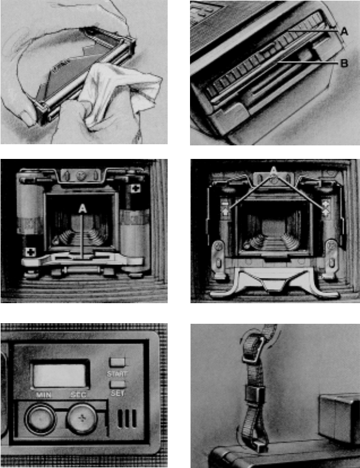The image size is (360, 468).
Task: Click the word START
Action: pyautogui.click(x=117, y=374)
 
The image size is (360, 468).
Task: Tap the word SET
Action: pyautogui.click(x=117, y=393)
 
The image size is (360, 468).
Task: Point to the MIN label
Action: pyautogui.click(x=44, y=395)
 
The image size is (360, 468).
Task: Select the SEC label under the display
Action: pyautogui.click(x=78, y=395)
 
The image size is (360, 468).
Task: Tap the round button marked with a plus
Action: pyautogui.click(x=81, y=418)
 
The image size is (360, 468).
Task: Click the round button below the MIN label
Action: pyautogui.click(x=40, y=419)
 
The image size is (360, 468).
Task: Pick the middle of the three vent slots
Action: pyautogui.click(x=127, y=419)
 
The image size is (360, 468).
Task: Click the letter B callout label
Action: pyautogui.click(x=344, y=63)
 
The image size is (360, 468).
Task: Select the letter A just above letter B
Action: pyautogui.click(x=344, y=31)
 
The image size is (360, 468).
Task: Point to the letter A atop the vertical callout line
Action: pyautogui.click(x=82, y=208)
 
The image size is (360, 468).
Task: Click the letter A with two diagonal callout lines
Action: pyautogui.click(x=273, y=171)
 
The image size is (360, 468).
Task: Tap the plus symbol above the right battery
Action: pyautogui.click(x=136, y=188)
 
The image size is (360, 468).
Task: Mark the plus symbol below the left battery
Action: pyautogui.click(x=30, y=252)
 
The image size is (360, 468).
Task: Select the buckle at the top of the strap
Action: pyautogui.click(x=254, y=348)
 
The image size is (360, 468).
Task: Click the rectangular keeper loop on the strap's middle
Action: pyautogui.click(x=255, y=394)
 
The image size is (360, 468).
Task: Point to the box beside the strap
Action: pyautogui.click(x=339, y=418)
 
